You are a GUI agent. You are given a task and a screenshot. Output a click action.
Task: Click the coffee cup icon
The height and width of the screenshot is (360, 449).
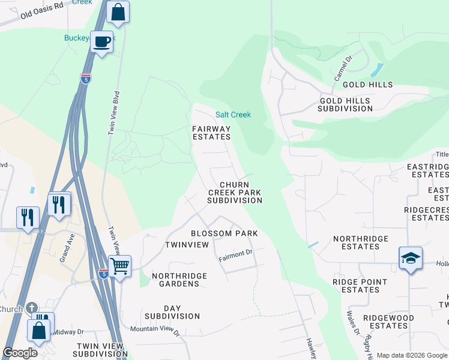102,41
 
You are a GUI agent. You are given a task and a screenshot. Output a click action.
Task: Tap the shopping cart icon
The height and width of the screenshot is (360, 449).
120,265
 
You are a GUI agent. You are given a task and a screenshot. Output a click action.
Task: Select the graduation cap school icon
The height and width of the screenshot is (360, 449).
411,258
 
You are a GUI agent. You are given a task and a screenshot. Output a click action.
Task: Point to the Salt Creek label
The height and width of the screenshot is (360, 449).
233,115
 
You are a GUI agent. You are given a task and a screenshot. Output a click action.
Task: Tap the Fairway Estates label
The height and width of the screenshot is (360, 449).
211,133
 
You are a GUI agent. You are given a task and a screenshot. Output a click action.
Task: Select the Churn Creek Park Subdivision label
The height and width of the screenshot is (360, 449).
234,193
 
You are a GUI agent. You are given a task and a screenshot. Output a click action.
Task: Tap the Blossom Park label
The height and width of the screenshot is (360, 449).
224,233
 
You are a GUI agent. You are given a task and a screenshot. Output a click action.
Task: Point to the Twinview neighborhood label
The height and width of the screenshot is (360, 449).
187,245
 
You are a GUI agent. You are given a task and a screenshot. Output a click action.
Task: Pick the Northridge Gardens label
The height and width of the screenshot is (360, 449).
179,280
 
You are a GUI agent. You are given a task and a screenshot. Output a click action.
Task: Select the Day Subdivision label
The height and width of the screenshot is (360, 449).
172,312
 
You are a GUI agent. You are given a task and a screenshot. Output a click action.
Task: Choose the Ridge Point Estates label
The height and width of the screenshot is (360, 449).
357,286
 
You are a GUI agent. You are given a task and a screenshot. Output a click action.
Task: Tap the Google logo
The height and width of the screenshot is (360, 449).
20,353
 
